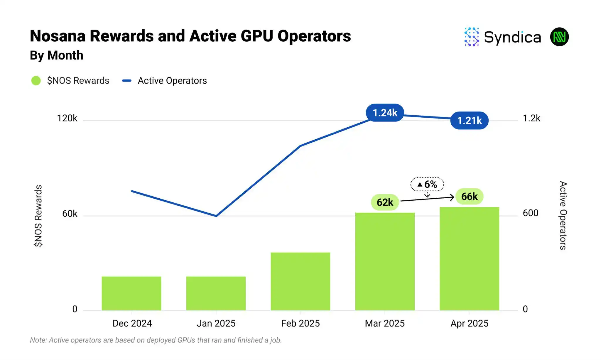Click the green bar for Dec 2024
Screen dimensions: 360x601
(131, 293)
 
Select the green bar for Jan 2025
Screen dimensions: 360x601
(216, 293)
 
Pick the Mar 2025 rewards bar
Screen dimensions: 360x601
(385, 261)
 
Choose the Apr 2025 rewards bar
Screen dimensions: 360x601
(469, 258)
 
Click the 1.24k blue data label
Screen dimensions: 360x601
(385, 113)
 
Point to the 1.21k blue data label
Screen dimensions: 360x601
(469, 120)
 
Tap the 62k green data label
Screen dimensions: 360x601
(385, 202)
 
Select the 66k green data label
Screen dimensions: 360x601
(469, 196)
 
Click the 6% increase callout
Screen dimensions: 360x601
(427, 184)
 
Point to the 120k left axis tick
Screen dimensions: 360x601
(67, 118)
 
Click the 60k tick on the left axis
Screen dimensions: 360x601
(70, 214)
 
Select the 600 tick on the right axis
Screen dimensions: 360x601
(531, 213)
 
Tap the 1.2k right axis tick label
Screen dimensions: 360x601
(531, 118)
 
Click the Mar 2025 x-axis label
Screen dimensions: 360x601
(385, 323)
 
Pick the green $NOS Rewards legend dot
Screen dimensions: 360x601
(36, 81)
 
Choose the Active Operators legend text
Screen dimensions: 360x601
(172, 81)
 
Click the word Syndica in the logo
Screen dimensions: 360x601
(512, 37)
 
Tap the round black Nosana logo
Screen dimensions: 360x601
(559, 37)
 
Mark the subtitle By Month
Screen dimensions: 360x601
(57, 55)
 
